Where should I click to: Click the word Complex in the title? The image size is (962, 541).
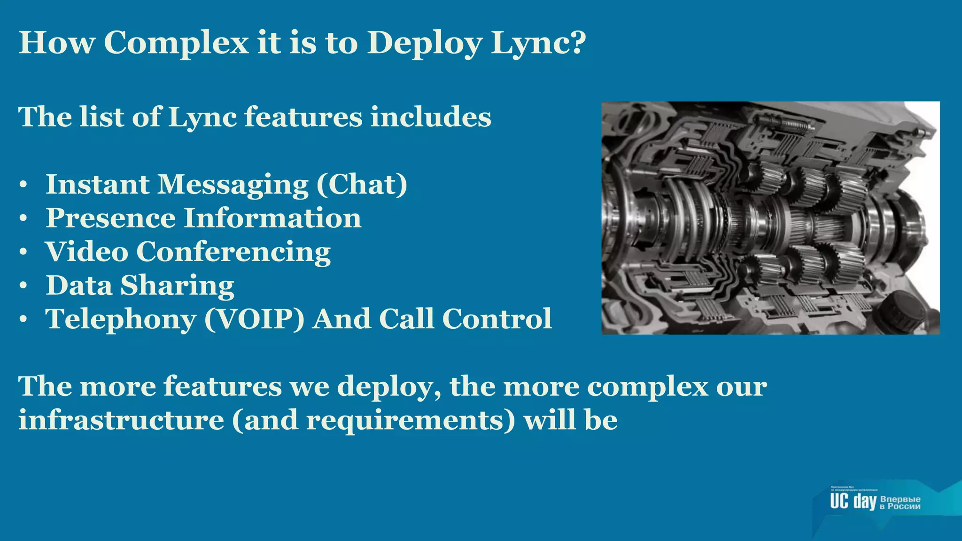pyautogui.click(x=176, y=43)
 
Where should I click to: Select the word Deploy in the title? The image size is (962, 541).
pyautogui.click(x=425, y=43)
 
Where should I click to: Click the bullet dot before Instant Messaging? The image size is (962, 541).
pyautogui.click(x=23, y=185)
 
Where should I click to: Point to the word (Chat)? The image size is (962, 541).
pyautogui.click(x=362, y=185)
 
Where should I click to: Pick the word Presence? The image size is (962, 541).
pyautogui.click(x=111, y=218)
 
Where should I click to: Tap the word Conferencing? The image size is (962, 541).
pyautogui.click(x=233, y=253)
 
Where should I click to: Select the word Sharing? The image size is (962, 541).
pyautogui.click(x=177, y=286)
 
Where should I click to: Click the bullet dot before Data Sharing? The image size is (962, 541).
pyautogui.click(x=23, y=286)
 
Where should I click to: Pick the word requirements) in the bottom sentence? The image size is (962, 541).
pyautogui.click(x=411, y=420)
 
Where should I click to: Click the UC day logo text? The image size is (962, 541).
pyautogui.click(x=853, y=501)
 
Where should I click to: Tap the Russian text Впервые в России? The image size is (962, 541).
pyautogui.click(x=900, y=502)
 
